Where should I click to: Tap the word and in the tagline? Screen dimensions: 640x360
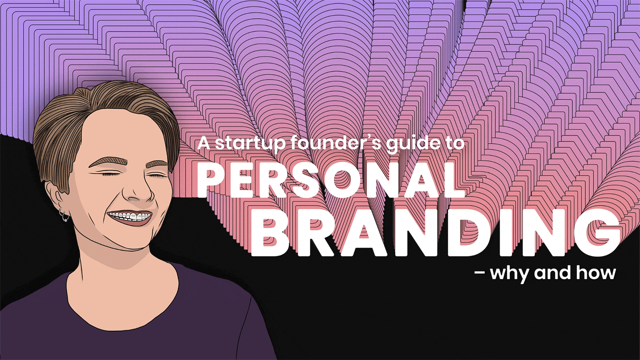click(552, 272)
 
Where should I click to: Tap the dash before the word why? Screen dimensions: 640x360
click(480, 273)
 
